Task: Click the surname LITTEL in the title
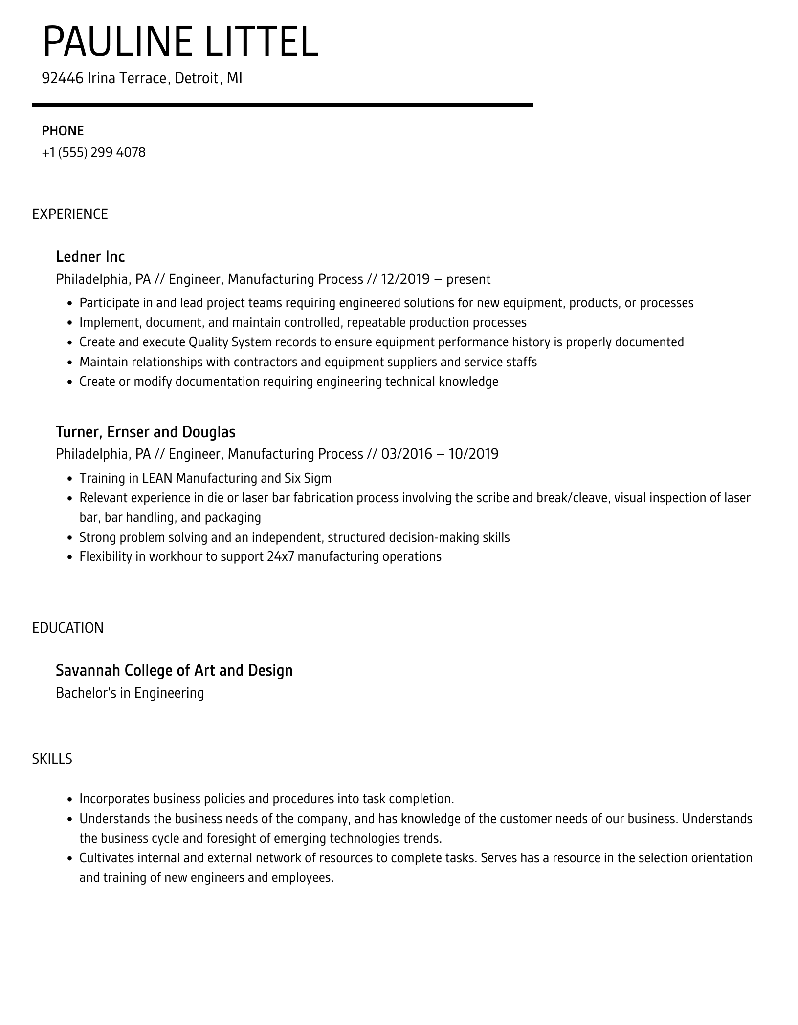(262, 43)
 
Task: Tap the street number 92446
(63, 78)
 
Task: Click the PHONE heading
(63, 131)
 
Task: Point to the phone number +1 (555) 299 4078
(94, 152)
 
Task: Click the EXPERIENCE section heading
(70, 214)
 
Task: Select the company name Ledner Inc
(90, 256)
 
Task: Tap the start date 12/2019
(405, 279)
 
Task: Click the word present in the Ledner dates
(468, 279)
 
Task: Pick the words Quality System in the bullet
(230, 342)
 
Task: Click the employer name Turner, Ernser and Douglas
(146, 432)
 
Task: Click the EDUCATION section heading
(68, 628)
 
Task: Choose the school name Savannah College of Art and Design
(174, 670)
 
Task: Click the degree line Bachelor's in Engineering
(130, 693)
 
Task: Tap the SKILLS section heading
(52, 759)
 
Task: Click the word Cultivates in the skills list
(107, 858)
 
